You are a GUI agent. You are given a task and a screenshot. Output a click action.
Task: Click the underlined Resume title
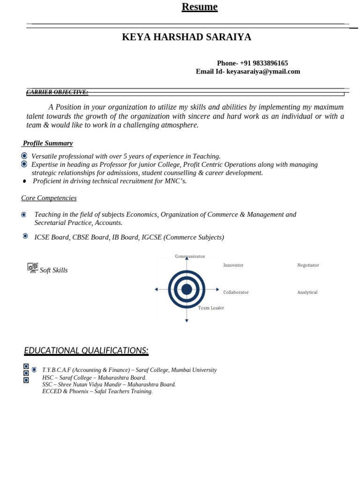coord(200,7)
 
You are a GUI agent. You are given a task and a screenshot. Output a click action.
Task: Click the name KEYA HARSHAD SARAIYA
coord(187,37)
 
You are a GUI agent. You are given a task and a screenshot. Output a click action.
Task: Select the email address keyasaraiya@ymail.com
coord(263,72)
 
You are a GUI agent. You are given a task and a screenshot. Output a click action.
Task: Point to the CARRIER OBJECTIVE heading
coord(57,92)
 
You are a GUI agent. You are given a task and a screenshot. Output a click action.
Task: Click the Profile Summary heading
coord(48,143)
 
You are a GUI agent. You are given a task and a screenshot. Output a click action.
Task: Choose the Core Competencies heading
coord(49,198)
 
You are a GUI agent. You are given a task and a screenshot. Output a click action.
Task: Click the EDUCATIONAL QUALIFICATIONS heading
coord(86,351)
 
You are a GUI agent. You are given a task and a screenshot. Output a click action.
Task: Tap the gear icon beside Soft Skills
coord(32,268)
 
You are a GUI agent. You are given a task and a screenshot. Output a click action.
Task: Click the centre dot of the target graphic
coord(187,289)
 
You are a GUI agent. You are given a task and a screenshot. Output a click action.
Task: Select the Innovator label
coord(233,265)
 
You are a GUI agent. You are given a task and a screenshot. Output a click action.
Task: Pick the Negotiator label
coord(308,265)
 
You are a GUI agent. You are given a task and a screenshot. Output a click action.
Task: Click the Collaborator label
coord(236,292)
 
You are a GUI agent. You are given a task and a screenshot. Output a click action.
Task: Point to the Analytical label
coord(307,292)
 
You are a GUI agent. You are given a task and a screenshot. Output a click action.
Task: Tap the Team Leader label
coord(211,308)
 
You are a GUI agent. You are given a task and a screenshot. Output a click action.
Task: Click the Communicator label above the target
coord(190,256)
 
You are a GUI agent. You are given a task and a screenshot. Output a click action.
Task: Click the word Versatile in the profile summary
coord(45,157)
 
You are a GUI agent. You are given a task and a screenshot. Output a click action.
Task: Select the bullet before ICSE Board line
coord(25,236)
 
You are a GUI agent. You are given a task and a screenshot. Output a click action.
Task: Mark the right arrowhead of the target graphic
coord(217,289)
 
